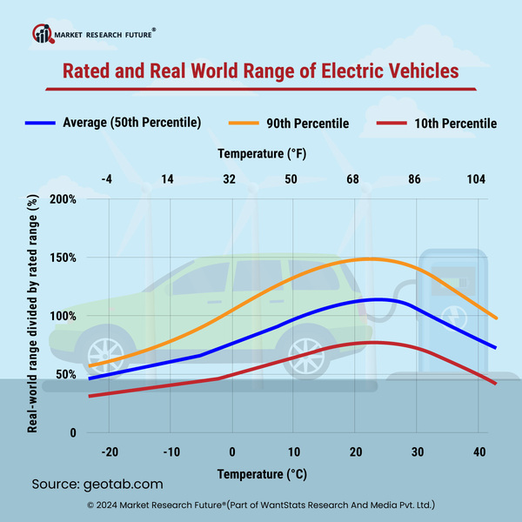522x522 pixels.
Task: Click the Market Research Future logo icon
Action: coord(42,34)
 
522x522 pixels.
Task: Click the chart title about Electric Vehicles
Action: coord(260,70)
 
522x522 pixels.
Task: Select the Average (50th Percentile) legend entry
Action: coord(131,123)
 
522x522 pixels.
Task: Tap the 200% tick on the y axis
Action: coord(64,199)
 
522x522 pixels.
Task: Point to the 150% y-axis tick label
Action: coord(64,258)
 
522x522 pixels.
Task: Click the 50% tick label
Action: coord(67,374)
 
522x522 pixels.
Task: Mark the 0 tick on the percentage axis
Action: coord(74,432)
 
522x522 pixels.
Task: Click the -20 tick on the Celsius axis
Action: coord(110,452)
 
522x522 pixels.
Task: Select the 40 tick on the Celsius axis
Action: coord(479,452)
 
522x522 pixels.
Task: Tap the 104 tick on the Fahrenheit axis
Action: coord(476,178)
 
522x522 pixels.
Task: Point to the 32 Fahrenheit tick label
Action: coord(230,178)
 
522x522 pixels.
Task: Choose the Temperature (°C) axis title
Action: coord(262,475)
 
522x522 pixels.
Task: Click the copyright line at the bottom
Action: coord(261,505)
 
